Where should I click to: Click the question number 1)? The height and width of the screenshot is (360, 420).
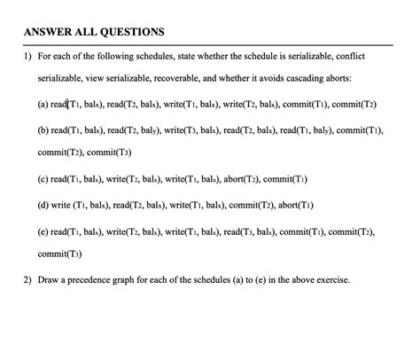28,57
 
